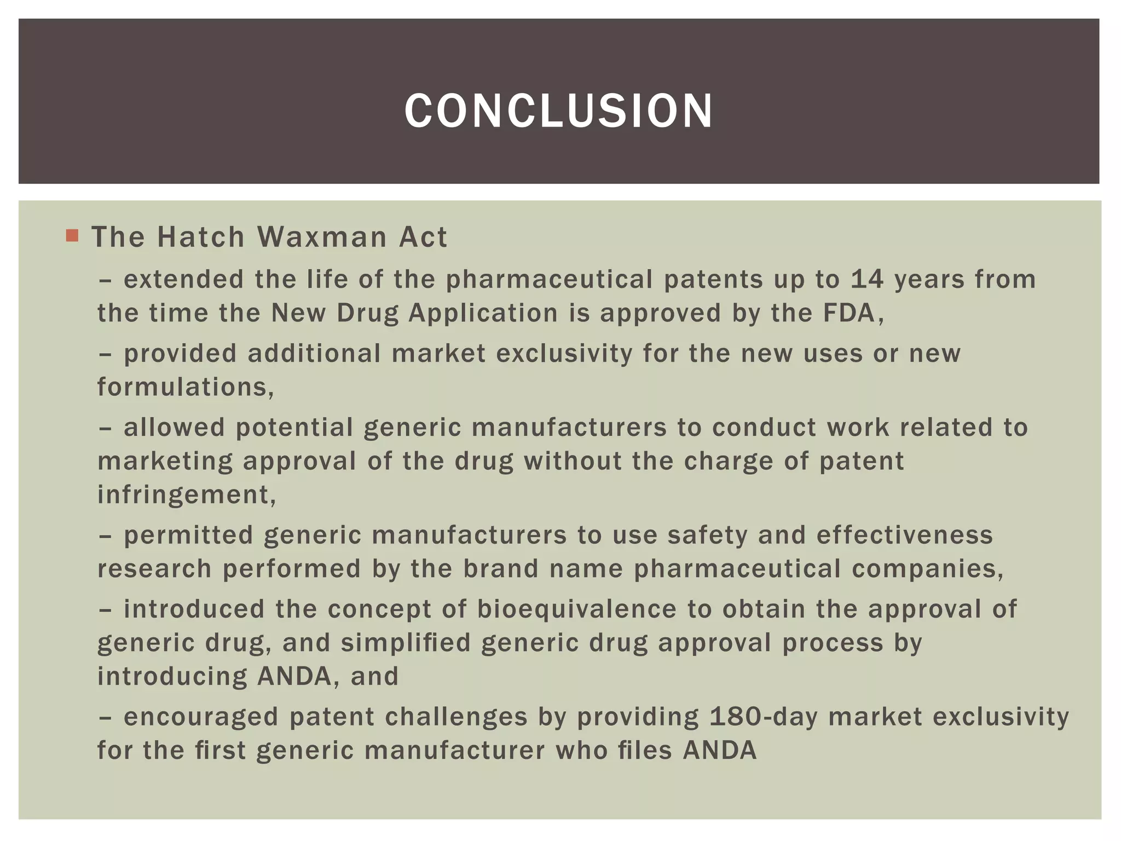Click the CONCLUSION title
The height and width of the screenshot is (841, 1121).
(x=559, y=111)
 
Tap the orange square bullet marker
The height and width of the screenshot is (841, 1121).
(x=72, y=236)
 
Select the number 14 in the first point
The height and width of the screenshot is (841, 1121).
(x=867, y=279)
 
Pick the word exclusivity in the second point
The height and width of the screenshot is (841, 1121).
(x=564, y=354)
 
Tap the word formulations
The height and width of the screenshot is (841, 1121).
(x=185, y=387)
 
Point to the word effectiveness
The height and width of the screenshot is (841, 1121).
(x=904, y=535)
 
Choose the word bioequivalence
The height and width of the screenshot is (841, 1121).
(x=576, y=609)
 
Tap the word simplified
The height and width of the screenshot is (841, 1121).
(x=406, y=643)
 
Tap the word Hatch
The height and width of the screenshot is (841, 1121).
(x=201, y=237)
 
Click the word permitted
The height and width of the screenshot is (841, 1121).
(x=188, y=535)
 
